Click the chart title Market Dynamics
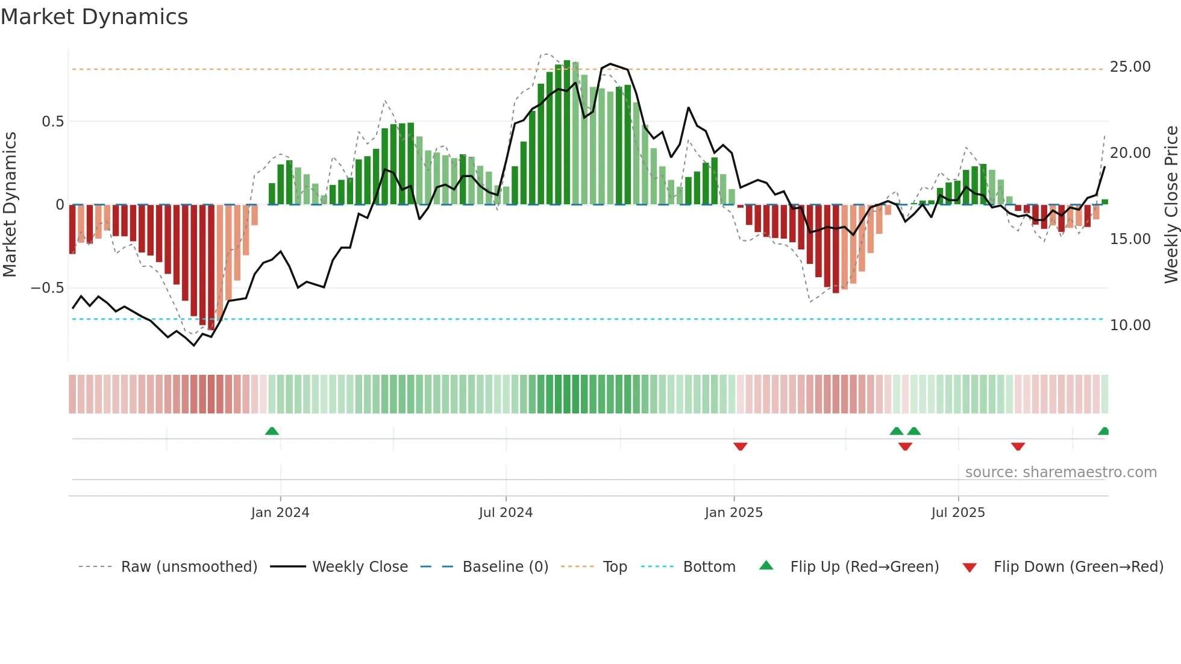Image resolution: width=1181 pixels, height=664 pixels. (x=94, y=17)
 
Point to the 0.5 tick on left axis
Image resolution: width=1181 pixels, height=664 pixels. (x=52, y=122)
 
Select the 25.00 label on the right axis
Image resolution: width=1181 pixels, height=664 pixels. (x=1130, y=67)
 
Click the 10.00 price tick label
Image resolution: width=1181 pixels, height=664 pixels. (x=1130, y=325)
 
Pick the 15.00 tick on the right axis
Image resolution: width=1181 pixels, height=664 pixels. (x=1130, y=239)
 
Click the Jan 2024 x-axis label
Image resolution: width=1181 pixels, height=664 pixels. (x=280, y=513)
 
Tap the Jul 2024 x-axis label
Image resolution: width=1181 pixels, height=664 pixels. (x=506, y=513)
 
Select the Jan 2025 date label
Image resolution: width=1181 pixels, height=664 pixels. (x=733, y=513)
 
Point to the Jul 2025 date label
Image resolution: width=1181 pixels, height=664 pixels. (x=957, y=513)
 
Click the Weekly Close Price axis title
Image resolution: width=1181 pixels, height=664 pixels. (x=1171, y=204)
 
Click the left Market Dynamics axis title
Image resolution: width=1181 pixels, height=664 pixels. (x=10, y=204)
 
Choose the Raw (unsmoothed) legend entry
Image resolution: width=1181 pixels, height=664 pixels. (x=189, y=567)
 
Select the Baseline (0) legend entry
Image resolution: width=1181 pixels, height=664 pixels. (x=505, y=567)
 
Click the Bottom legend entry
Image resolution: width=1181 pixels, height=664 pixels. (x=709, y=567)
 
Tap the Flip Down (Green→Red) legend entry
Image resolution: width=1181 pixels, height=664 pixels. (x=1078, y=567)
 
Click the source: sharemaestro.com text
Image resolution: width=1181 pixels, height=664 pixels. (x=1060, y=472)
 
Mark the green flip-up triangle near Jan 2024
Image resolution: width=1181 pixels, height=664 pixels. (x=272, y=431)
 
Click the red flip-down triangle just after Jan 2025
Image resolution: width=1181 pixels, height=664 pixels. (x=741, y=446)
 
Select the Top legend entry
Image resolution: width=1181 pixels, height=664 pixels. (x=615, y=567)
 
